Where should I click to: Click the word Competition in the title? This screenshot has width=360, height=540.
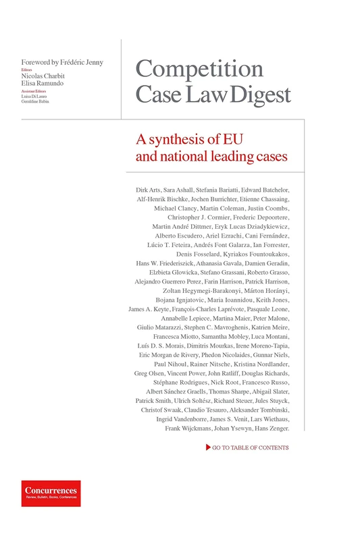point(199,70)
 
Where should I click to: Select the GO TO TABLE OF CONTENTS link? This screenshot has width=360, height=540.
point(250,448)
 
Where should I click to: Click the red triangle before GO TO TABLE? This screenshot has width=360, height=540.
point(207,448)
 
